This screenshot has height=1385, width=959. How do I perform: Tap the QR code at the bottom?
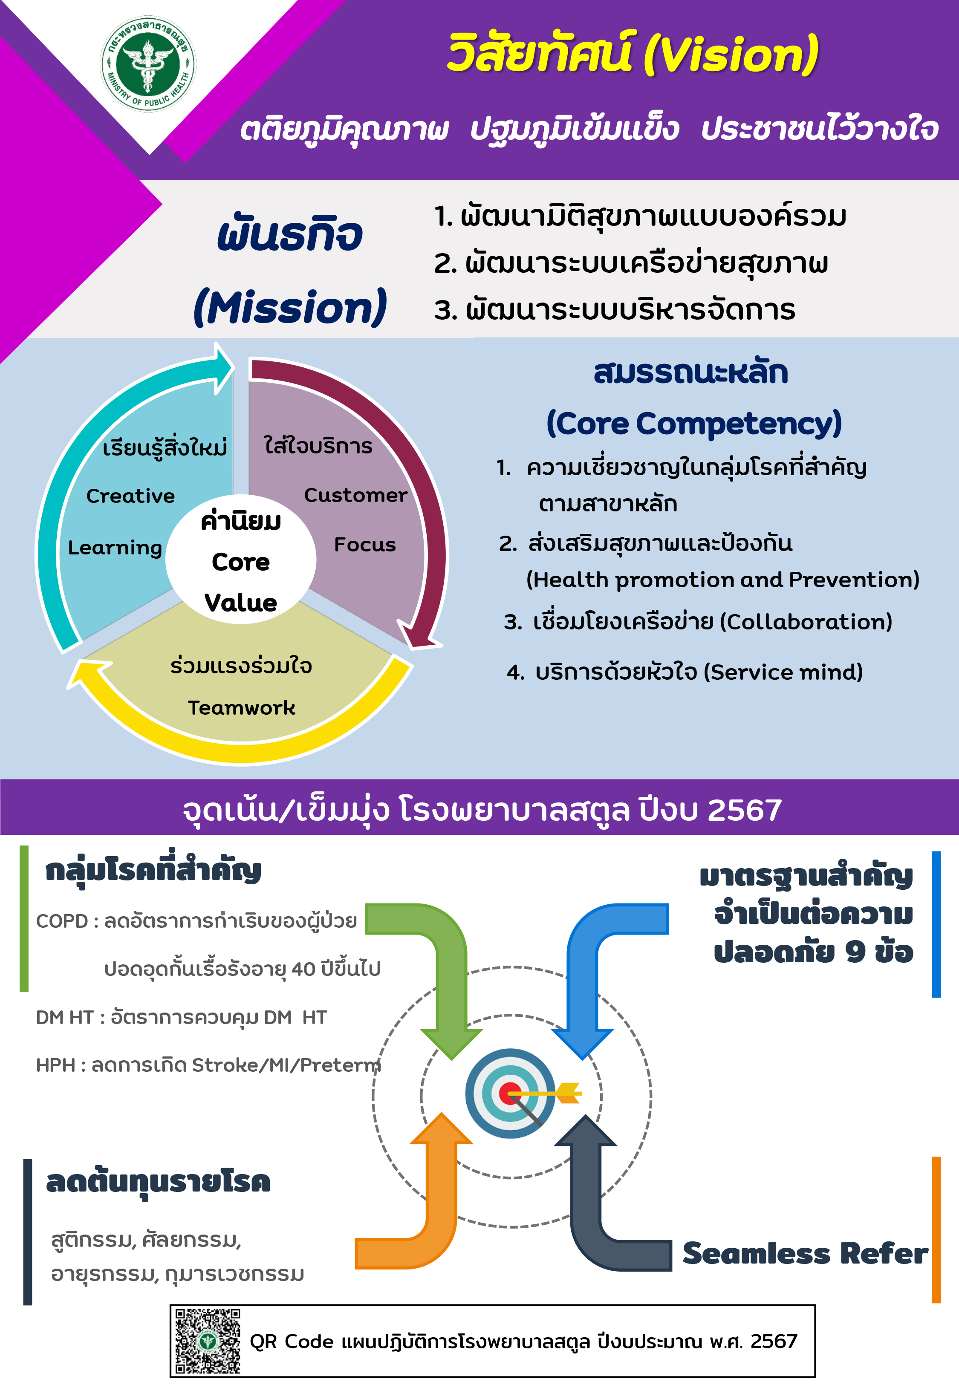207,1341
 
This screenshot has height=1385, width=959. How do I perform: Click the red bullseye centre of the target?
510,1093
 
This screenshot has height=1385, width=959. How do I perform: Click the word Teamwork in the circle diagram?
242,707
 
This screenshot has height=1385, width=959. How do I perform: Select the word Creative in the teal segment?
130,496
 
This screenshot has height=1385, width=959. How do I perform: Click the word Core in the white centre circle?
241,562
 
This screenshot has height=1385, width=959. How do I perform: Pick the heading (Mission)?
290,307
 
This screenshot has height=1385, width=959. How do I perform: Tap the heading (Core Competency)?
694,424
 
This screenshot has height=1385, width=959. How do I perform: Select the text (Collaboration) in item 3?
806,622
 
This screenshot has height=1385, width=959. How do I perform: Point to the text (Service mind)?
783,672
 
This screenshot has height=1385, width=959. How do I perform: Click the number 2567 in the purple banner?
745,810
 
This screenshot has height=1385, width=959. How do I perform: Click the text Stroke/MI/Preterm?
286,1065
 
